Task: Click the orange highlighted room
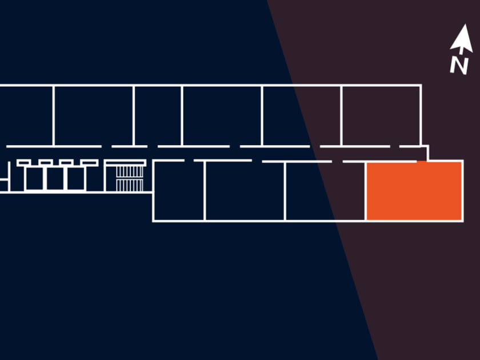(414, 190)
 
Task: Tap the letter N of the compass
(459, 65)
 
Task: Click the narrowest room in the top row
(158, 115)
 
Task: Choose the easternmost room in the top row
(381, 115)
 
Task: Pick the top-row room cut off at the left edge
(26, 115)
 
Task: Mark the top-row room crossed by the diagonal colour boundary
(302, 115)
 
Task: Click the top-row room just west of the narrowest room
(94, 115)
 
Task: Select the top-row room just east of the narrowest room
(222, 115)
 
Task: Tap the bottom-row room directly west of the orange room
(325, 190)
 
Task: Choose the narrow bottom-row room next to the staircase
(179, 190)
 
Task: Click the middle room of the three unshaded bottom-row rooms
(245, 190)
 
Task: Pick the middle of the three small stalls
(57, 179)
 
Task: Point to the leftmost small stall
(35, 179)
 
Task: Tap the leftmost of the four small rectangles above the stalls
(23, 163)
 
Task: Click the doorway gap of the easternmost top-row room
(394, 146)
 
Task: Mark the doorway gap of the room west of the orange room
(337, 161)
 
